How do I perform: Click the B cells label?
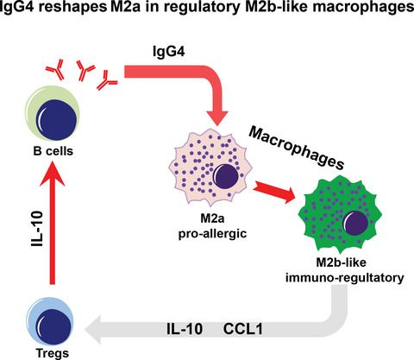[x=53, y=151]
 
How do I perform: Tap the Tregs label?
[x=53, y=353]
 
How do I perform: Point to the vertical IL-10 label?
[x=37, y=230]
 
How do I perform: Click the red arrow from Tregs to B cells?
[x=52, y=222]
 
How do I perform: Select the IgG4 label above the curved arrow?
[x=169, y=52]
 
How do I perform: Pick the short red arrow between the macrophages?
[x=274, y=193]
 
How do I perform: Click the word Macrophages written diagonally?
[x=296, y=148]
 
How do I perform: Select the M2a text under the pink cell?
[x=212, y=219]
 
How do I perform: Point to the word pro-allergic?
[x=212, y=234]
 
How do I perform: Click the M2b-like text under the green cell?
[x=342, y=262]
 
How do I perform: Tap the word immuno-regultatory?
[x=344, y=278]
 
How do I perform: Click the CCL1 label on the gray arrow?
[x=243, y=329]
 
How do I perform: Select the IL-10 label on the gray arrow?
[x=185, y=329]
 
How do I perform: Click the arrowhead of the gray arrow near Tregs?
[x=93, y=329]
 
